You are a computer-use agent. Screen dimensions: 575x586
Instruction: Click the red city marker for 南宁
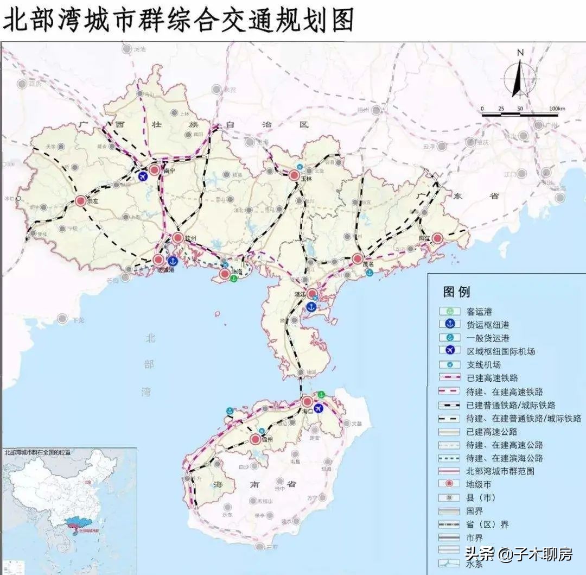(155, 170)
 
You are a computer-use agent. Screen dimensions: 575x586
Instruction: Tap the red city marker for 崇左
(81, 201)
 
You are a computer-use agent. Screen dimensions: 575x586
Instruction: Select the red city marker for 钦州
(178, 237)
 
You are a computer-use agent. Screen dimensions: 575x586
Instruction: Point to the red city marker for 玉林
(294, 175)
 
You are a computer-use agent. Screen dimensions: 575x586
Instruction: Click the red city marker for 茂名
(358, 258)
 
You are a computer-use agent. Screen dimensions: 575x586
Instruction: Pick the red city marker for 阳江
(437, 238)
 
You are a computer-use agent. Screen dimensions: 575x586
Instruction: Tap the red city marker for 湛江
(313, 294)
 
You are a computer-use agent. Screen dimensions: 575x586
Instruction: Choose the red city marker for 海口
(307, 402)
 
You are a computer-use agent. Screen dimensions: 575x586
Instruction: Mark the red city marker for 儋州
(255, 440)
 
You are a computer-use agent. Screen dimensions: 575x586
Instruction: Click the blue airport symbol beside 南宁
(143, 176)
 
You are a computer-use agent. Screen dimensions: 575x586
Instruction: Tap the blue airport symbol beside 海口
(319, 408)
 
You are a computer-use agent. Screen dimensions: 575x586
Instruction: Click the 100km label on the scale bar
(557, 109)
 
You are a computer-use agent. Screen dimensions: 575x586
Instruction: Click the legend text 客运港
(479, 312)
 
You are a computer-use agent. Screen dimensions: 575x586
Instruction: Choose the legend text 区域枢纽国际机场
(500, 351)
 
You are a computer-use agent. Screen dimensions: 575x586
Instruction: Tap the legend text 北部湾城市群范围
(500, 471)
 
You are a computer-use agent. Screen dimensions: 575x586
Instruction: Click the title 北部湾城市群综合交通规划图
(179, 20)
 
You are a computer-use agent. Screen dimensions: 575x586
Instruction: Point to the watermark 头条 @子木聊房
(518, 554)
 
